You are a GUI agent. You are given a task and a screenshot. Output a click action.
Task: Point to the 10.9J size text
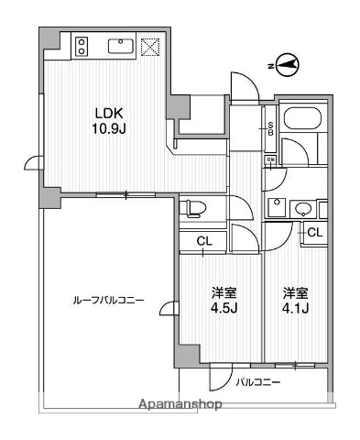[x=108, y=130]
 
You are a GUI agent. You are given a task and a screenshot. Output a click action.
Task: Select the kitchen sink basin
[x=120, y=46]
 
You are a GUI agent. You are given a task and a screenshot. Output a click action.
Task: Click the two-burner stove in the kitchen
[x=81, y=46]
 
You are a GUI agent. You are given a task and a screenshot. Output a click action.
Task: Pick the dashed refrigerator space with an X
[x=149, y=46]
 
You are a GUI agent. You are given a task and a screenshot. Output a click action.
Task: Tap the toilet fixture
[x=193, y=206]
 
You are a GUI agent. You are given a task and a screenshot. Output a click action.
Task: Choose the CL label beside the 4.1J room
[x=314, y=233]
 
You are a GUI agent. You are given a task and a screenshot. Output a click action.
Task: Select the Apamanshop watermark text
[x=180, y=403]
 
